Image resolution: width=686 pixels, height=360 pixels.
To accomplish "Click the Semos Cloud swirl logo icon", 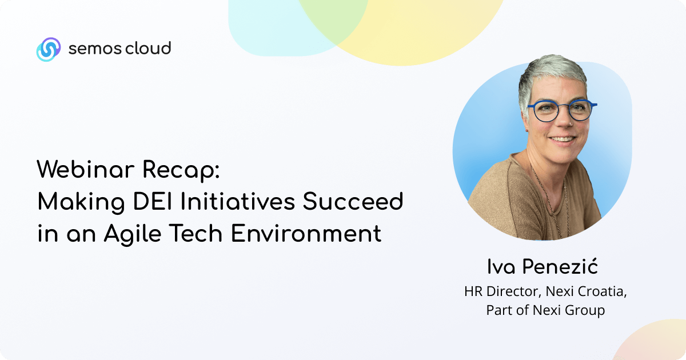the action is pyautogui.click(x=49, y=49).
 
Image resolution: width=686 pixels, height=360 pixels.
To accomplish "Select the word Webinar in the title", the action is pyautogui.click(x=86, y=169).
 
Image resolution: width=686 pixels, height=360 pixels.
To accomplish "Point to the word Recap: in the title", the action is pyautogui.click(x=181, y=171).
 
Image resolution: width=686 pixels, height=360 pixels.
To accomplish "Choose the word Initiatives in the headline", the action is pyautogui.click(x=238, y=201).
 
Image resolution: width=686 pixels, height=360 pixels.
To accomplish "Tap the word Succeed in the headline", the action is pyautogui.click(x=353, y=201).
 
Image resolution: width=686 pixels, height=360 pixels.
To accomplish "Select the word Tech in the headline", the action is pyautogui.click(x=196, y=233).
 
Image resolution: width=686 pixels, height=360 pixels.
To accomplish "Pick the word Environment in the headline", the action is pyautogui.click(x=306, y=233).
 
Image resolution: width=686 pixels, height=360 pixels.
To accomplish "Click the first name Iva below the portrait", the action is pyautogui.click(x=501, y=266).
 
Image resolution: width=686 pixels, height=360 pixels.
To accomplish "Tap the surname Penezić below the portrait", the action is pyautogui.click(x=560, y=266).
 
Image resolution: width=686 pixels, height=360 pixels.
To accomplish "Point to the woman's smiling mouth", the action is pyautogui.click(x=563, y=139).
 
